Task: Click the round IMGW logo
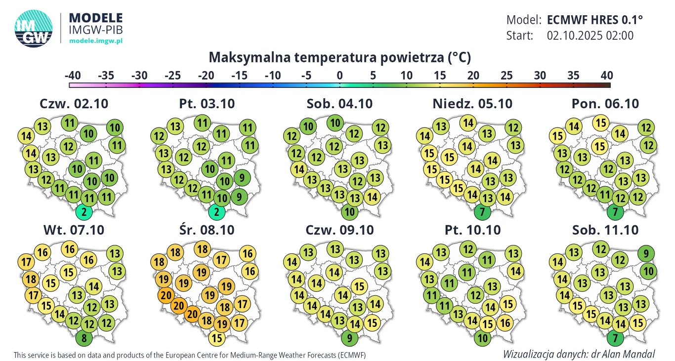(x=34, y=30)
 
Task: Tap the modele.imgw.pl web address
(x=95, y=40)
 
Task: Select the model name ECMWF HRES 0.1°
(x=595, y=20)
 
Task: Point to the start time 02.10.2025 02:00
(x=590, y=36)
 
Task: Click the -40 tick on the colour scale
(x=73, y=76)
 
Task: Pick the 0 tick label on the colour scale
(x=339, y=76)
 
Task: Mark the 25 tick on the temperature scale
(x=506, y=76)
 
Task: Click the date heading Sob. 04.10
(x=339, y=104)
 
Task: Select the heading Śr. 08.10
(x=207, y=230)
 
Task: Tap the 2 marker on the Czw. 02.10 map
(x=84, y=213)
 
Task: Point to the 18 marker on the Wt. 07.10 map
(x=31, y=280)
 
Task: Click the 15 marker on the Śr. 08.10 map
(x=216, y=338)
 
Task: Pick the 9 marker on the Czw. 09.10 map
(x=349, y=339)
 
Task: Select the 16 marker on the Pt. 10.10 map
(x=505, y=323)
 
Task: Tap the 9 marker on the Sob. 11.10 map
(x=647, y=254)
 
